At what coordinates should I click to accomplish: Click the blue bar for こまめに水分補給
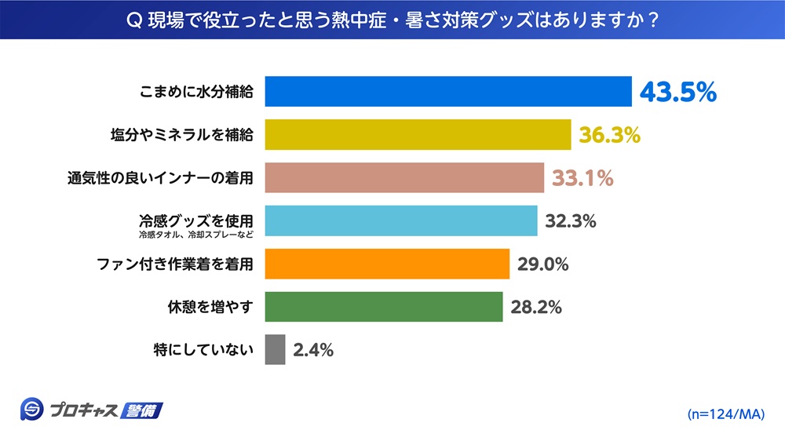448,91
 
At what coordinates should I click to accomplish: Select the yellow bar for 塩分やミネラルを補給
418,134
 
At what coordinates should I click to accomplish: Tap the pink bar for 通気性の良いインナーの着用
404,177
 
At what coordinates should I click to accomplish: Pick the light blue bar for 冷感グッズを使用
401,220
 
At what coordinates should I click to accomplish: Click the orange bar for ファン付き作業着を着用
387,264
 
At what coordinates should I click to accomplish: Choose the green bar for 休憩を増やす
384,307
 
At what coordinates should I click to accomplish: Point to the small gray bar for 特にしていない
275,350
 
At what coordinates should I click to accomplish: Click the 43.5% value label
677,92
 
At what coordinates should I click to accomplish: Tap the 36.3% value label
609,135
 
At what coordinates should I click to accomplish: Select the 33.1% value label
582,178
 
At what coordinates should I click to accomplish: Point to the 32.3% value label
571,221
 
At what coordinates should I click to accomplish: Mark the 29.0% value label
542,264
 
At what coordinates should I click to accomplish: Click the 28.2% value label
536,308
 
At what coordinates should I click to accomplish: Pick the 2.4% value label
313,351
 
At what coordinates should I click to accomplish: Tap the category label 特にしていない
203,350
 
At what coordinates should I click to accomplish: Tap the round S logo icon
31,410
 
